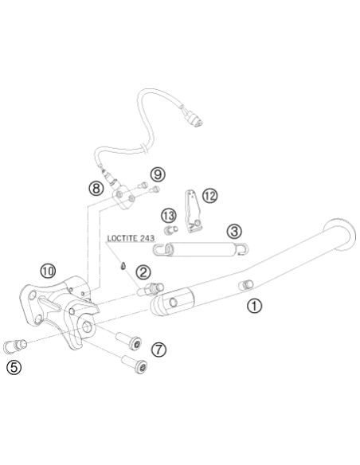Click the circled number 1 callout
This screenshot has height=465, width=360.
click(x=254, y=306)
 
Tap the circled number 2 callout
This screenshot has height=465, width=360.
click(x=143, y=272)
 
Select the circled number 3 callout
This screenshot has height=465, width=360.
click(x=234, y=231)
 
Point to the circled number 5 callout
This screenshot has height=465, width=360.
click(x=14, y=367)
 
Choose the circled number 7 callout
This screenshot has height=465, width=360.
click(x=159, y=350)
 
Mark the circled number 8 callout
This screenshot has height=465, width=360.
click(x=96, y=188)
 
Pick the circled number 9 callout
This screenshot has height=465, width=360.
click(x=158, y=174)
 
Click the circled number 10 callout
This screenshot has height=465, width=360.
click(x=48, y=271)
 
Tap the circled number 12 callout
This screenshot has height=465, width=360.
click(x=210, y=196)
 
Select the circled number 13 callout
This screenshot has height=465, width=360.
click(x=168, y=216)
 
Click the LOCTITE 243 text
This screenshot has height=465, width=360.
click(x=131, y=238)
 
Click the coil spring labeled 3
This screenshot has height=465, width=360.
click(x=201, y=249)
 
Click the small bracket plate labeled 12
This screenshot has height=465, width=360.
click(x=194, y=211)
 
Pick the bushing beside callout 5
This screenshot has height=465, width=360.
click(x=15, y=346)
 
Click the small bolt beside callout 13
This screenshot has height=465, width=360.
click(x=170, y=229)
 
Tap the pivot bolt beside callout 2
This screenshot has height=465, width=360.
click(x=151, y=289)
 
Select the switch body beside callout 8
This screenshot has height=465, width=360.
click(x=123, y=197)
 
